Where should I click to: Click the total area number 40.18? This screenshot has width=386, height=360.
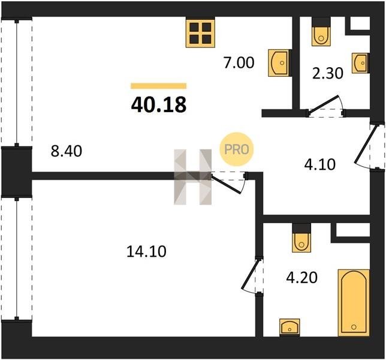tap(159, 104)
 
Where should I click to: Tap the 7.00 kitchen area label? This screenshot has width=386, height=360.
tap(239, 62)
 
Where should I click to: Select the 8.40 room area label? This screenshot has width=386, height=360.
tap(66, 151)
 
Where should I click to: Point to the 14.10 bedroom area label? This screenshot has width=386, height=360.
tap(146, 251)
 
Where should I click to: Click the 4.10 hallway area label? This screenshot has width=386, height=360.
tap(320, 164)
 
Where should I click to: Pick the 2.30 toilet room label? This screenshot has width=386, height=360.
tap(327, 73)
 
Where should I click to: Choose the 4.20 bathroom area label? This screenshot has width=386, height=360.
tap(301, 277)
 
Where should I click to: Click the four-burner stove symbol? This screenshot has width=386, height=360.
tap(200, 33)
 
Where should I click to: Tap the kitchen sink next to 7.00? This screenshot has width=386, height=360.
tap(280, 63)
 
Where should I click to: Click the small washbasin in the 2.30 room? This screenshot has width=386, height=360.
tap(361, 63)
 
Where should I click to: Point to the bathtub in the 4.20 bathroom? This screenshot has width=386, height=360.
tap(354, 302)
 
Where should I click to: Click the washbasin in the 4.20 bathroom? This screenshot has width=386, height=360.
tap(289, 327)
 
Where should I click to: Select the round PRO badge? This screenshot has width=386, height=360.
tap(237, 149)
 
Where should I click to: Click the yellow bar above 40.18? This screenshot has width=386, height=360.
tap(158, 86)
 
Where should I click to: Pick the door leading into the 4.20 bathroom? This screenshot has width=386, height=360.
tap(252, 275)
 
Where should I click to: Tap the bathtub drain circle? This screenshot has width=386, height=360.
tap(354, 327)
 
